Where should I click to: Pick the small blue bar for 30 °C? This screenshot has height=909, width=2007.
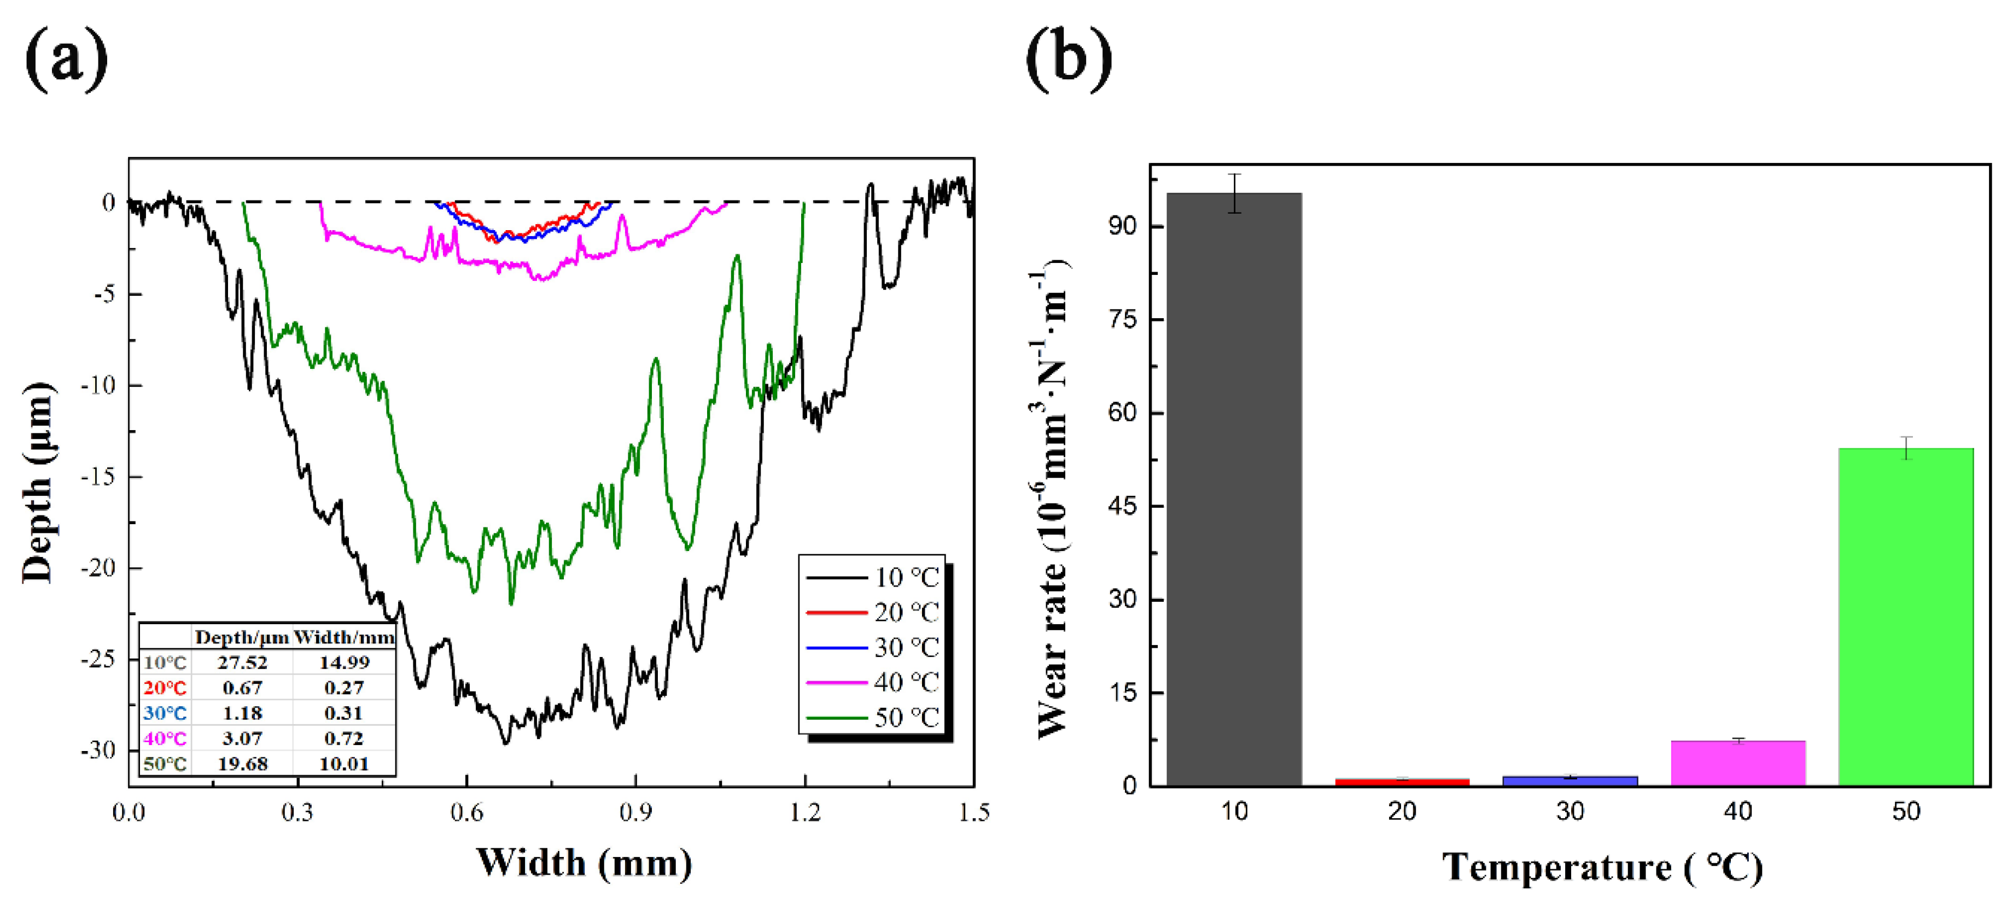click(x=1570, y=781)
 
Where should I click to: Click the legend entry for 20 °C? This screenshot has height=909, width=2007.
click(x=873, y=613)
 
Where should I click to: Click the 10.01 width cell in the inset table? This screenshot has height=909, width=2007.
click(x=343, y=764)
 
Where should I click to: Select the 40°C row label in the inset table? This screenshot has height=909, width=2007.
click(x=165, y=738)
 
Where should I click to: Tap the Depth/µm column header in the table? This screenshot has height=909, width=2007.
click(x=242, y=638)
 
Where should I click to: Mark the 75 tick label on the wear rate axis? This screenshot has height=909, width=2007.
click(x=1123, y=319)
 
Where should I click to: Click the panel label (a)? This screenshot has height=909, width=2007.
click(x=66, y=58)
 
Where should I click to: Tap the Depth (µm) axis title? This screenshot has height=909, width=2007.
click(x=37, y=483)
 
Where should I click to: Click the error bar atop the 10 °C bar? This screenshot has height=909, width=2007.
click(x=1235, y=192)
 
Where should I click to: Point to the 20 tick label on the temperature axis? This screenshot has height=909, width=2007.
click(x=1402, y=812)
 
